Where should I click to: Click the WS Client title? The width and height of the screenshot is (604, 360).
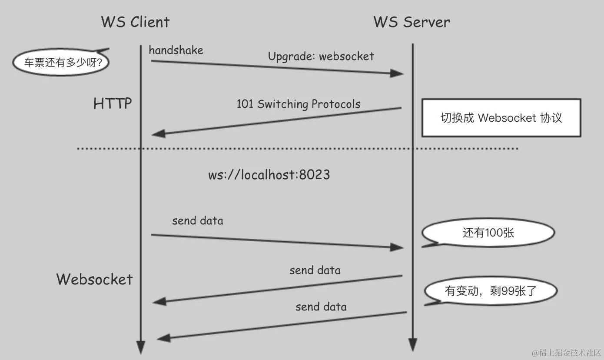pyautogui.click(x=135, y=22)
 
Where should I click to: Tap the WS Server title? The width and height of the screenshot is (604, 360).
pyautogui.click(x=412, y=22)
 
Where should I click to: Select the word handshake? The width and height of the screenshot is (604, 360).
pyautogui.click(x=176, y=50)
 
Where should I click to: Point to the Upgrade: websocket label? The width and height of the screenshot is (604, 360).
pyautogui.click(x=321, y=56)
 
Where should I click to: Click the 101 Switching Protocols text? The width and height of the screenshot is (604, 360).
pyautogui.click(x=299, y=104)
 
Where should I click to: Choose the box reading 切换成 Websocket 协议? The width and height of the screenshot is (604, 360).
pyautogui.click(x=501, y=118)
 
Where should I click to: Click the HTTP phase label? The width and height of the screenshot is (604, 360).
pyautogui.click(x=113, y=104)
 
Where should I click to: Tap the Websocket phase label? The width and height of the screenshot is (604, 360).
pyautogui.click(x=94, y=279)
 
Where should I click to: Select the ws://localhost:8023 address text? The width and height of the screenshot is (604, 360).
pyautogui.click(x=269, y=175)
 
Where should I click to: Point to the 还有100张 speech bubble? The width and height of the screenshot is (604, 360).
pyautogui.click(x=488, y=233)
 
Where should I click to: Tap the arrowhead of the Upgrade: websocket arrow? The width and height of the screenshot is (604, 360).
pyautogui.click(x=397, y=73)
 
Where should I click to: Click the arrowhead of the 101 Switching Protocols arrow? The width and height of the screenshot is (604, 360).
pyautogui.click(x=158, y=133)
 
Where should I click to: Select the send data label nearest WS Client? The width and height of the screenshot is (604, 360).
pyautogui.click(x=198, y=220)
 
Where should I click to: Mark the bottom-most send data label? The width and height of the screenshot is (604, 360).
pyautogui.click(x=321, y=307)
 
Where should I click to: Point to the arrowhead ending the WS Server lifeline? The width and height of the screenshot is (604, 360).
pyautogui.click(x=413, y=345)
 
